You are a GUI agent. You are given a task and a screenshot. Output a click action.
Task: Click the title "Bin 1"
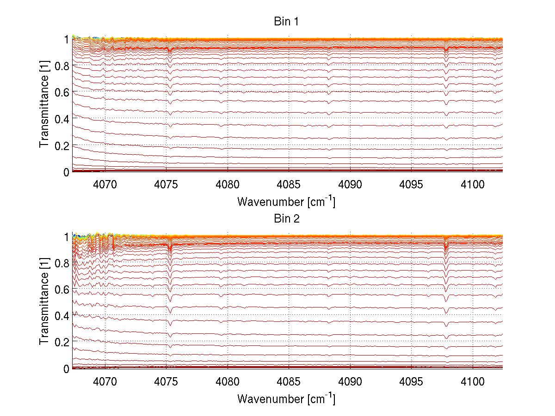tap(287, 22)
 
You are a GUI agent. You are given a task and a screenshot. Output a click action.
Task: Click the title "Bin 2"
tap(287, 218)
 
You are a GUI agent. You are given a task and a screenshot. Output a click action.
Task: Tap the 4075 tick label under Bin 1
tap(166, 184)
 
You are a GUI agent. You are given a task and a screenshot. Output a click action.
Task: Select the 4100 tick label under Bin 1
tap(472, 184)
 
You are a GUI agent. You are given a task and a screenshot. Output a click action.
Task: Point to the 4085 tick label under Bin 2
tap(289, 381)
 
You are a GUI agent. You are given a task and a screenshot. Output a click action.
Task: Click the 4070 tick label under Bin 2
tap(105, 381)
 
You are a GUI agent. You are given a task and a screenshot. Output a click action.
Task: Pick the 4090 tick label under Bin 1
tap(350, 184)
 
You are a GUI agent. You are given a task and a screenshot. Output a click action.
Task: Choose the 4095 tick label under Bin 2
tap(411, 381)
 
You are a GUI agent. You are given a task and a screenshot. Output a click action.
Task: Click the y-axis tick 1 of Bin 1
tap(67, 40)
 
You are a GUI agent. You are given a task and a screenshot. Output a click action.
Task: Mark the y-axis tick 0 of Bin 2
tap(67, 368)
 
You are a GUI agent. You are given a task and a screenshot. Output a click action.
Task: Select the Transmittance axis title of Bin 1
tap(44, 105)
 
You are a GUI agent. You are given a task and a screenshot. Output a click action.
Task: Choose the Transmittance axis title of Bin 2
tap(44, 302)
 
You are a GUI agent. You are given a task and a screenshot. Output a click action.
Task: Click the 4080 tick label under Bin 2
tap(228, 381)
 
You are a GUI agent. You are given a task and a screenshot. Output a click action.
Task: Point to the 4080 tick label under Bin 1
tap(228, 184)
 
